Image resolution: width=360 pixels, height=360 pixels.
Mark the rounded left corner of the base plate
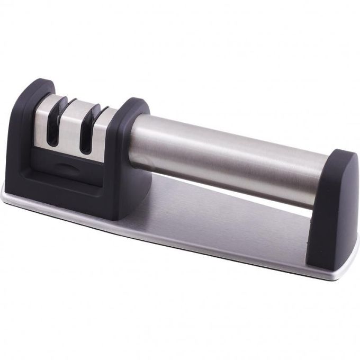pyautogui.click(x=10, y=198)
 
